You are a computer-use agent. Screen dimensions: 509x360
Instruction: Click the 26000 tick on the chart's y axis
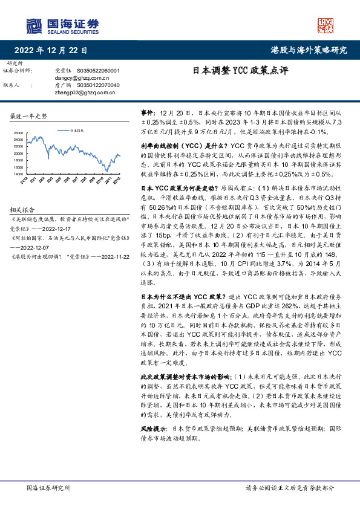click(x=18, y=132)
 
